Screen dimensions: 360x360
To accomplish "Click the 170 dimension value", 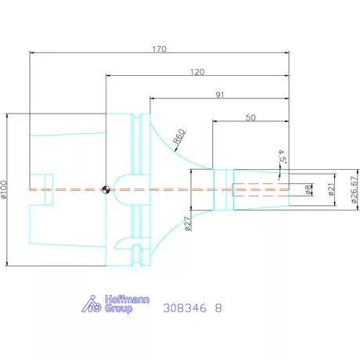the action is coord(159,49).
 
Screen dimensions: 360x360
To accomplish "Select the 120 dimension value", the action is coord(197,72).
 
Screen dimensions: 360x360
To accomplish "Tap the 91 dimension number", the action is coord(220,95).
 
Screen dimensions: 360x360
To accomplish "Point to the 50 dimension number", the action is coord(250,117).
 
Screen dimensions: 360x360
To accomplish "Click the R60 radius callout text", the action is coord(179,136).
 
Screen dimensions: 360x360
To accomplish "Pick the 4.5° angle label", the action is coord(282,157).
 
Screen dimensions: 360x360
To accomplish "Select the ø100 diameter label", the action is coord(4,189).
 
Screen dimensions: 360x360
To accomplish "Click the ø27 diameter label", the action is coord(188,224).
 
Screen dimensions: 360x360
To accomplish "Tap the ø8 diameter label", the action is coord(308,189).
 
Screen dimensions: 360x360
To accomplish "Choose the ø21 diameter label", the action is coord(331,189).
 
